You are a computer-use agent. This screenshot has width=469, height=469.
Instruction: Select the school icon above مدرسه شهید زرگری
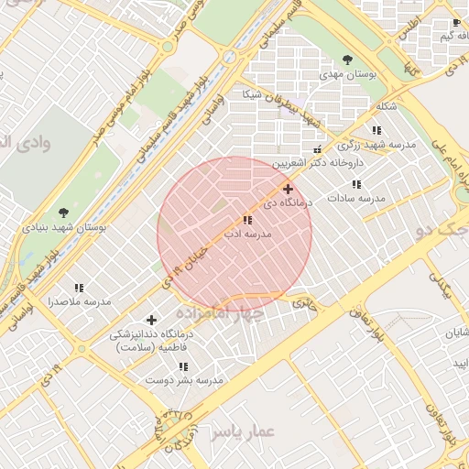377,131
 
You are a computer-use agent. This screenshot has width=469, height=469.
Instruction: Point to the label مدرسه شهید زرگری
376,145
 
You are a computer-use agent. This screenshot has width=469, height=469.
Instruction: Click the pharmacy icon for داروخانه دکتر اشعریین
318,149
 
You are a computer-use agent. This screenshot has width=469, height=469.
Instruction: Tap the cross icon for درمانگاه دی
288,188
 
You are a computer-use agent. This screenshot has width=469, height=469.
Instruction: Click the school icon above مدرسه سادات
357,183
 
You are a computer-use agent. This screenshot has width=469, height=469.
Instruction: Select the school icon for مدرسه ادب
247,220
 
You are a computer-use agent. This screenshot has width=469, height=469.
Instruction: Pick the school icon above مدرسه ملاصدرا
79,288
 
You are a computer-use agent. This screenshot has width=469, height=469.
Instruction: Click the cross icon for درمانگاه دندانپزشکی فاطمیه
151,320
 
